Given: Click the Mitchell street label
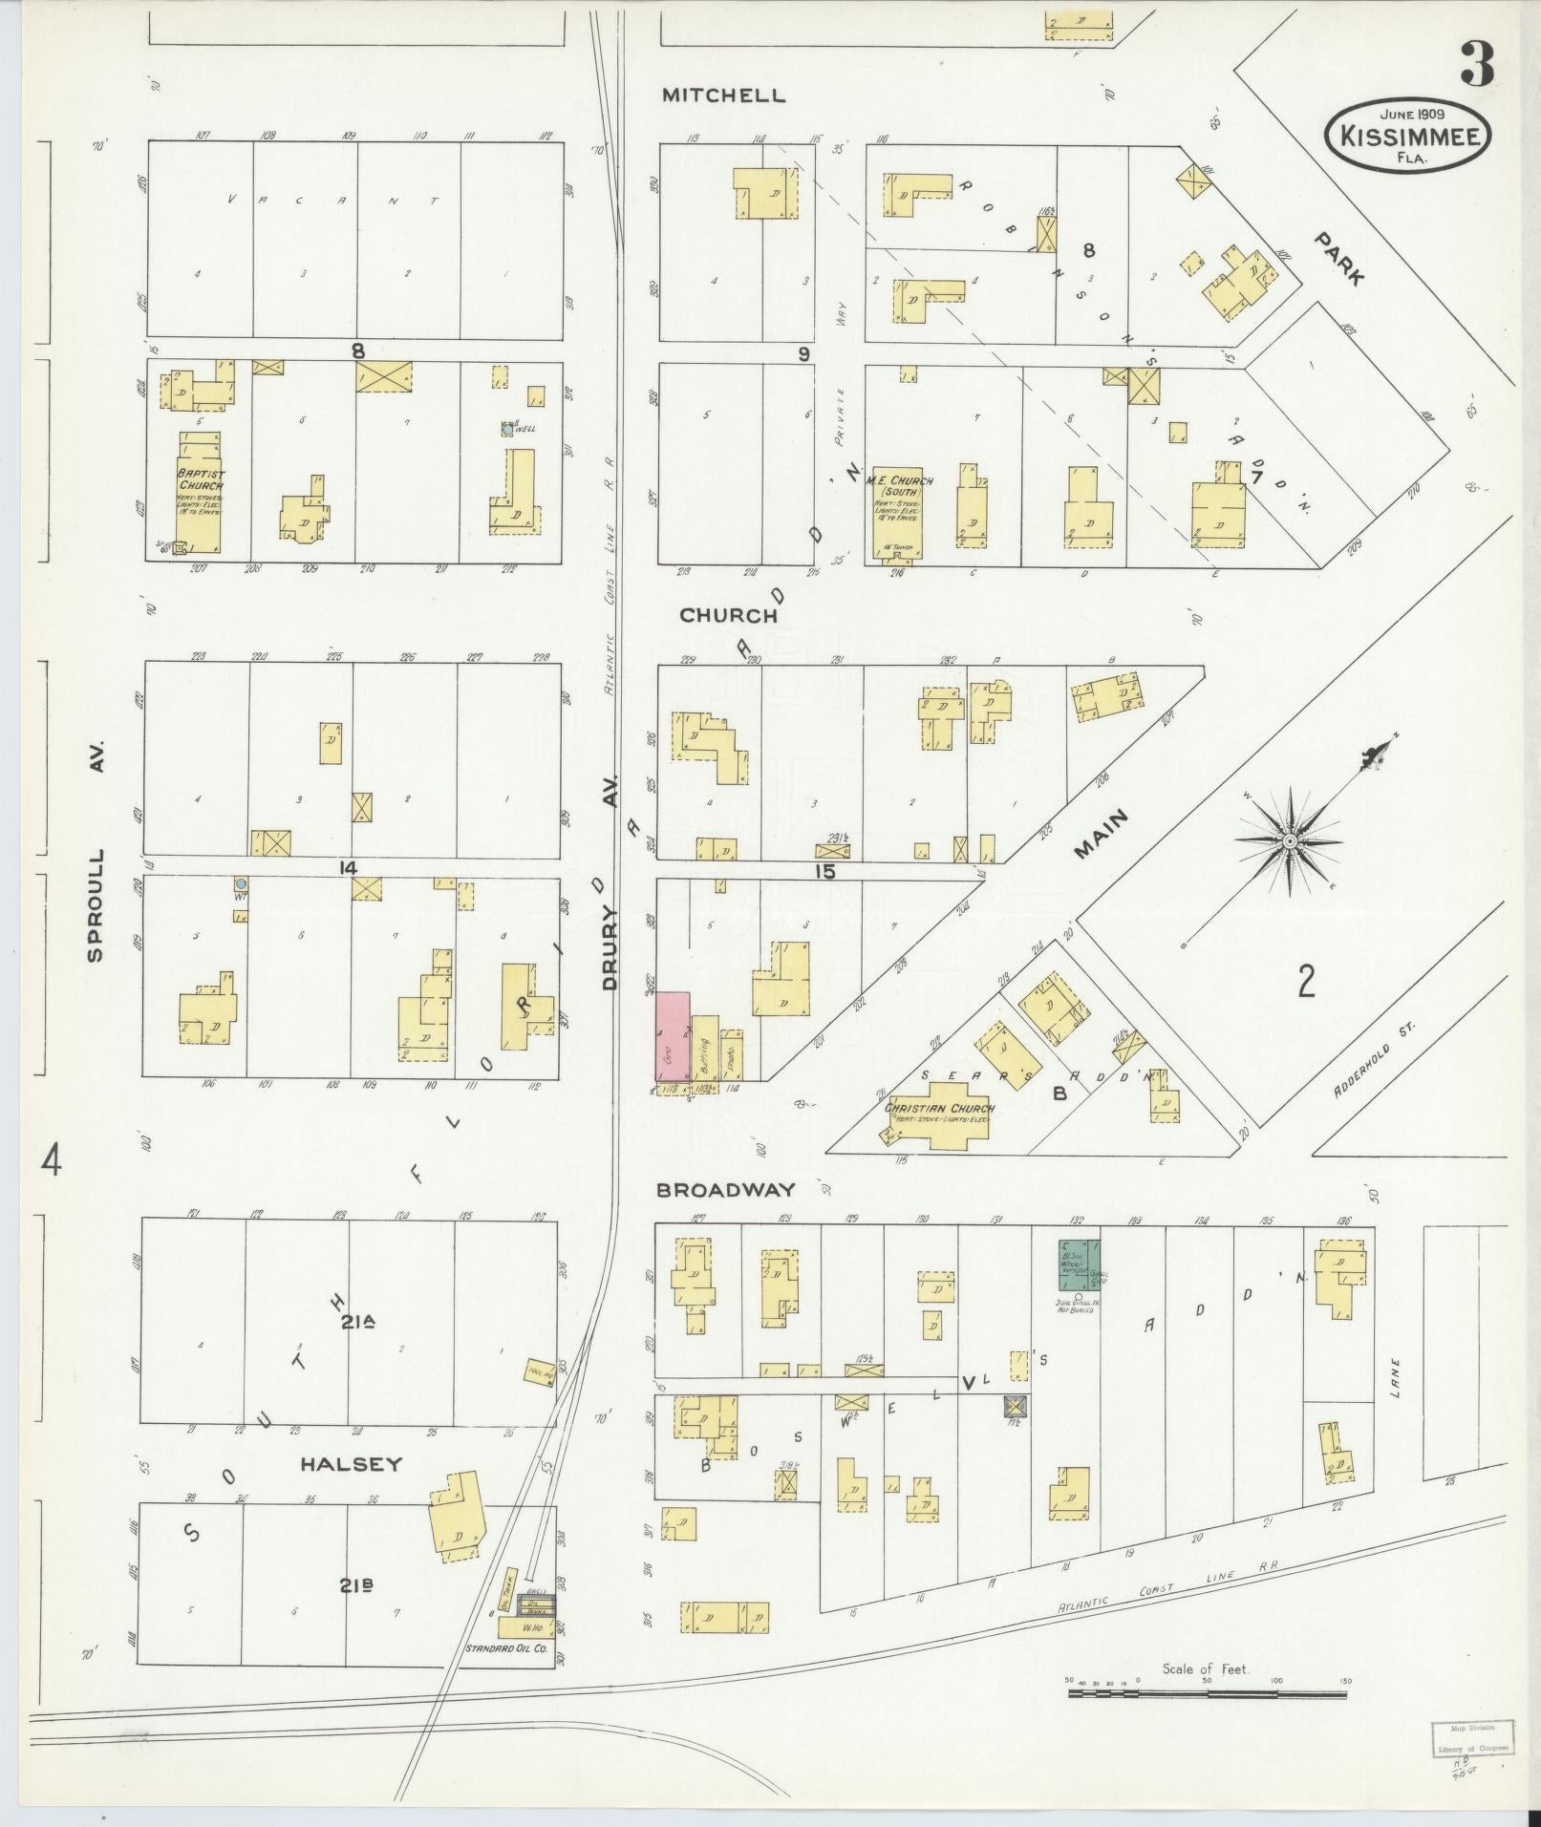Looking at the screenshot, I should tap(724, 96).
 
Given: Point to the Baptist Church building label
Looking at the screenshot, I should tap(199, 479).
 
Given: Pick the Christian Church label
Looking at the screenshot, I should tap(940, 1109).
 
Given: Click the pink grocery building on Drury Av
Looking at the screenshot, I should tap(673, 1036).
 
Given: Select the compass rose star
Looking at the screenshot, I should tap(1289, 840).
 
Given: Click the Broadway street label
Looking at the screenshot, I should tap(725, 1190).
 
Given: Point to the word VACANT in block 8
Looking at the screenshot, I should tap(332, 201).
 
